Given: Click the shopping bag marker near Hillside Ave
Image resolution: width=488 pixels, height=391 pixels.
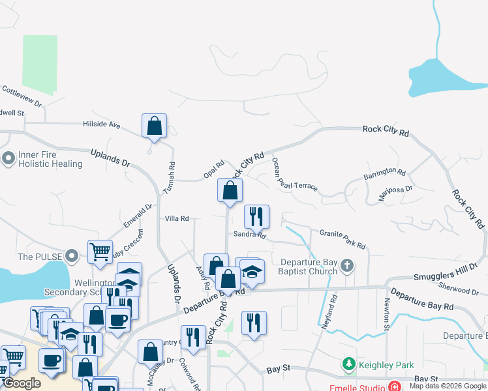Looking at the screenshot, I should click(154, 126).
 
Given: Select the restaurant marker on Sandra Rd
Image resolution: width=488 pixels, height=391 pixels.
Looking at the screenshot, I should click(256, 216).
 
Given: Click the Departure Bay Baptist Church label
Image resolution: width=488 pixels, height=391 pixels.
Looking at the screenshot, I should click(309, 267).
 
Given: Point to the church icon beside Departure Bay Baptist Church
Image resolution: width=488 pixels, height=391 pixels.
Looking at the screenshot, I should click(348, 265).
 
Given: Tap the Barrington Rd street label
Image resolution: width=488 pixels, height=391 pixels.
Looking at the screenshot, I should click(384, 175).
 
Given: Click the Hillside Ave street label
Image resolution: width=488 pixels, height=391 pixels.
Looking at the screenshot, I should click(101, 124).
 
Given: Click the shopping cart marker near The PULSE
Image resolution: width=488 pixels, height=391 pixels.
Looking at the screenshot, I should click(99, 252).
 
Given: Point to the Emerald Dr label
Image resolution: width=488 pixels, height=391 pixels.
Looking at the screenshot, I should click(138, 216).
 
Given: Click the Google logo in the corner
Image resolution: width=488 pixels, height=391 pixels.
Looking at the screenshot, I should click(22, 383).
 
